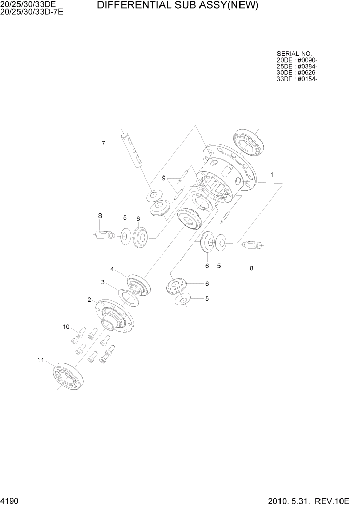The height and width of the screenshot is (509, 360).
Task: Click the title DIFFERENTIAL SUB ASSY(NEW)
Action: click(177, 6)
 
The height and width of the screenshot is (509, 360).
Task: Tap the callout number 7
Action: click(103, 143)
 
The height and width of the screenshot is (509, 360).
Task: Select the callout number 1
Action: click(272, 174)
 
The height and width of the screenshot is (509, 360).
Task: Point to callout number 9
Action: click(164, 178)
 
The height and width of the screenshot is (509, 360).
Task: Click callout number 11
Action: click(41, 360)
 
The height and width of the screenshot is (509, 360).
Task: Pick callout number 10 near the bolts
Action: click(66, 327)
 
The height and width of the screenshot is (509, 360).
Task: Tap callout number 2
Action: click(89, 300)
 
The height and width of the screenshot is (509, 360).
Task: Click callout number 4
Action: click(112, 269)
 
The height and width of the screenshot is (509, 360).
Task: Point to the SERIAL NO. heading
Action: click(294, 54)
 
